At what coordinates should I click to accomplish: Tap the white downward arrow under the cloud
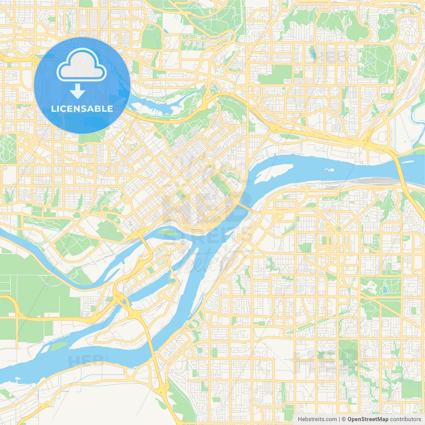tap(77, 91)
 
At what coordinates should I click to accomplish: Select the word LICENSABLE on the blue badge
tap(82, 109)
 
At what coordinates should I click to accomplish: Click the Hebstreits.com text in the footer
tap(317, 419)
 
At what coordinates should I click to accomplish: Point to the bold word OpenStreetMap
tap(368, 419)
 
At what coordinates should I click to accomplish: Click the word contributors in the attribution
tap(405, 419)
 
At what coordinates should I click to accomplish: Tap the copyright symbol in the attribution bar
tap(344, 419)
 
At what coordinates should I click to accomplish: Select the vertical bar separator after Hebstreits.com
tap(339, 419)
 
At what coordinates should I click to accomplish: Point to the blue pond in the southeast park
tap(384, 290)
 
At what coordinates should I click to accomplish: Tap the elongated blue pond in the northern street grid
tap(312, 52)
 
